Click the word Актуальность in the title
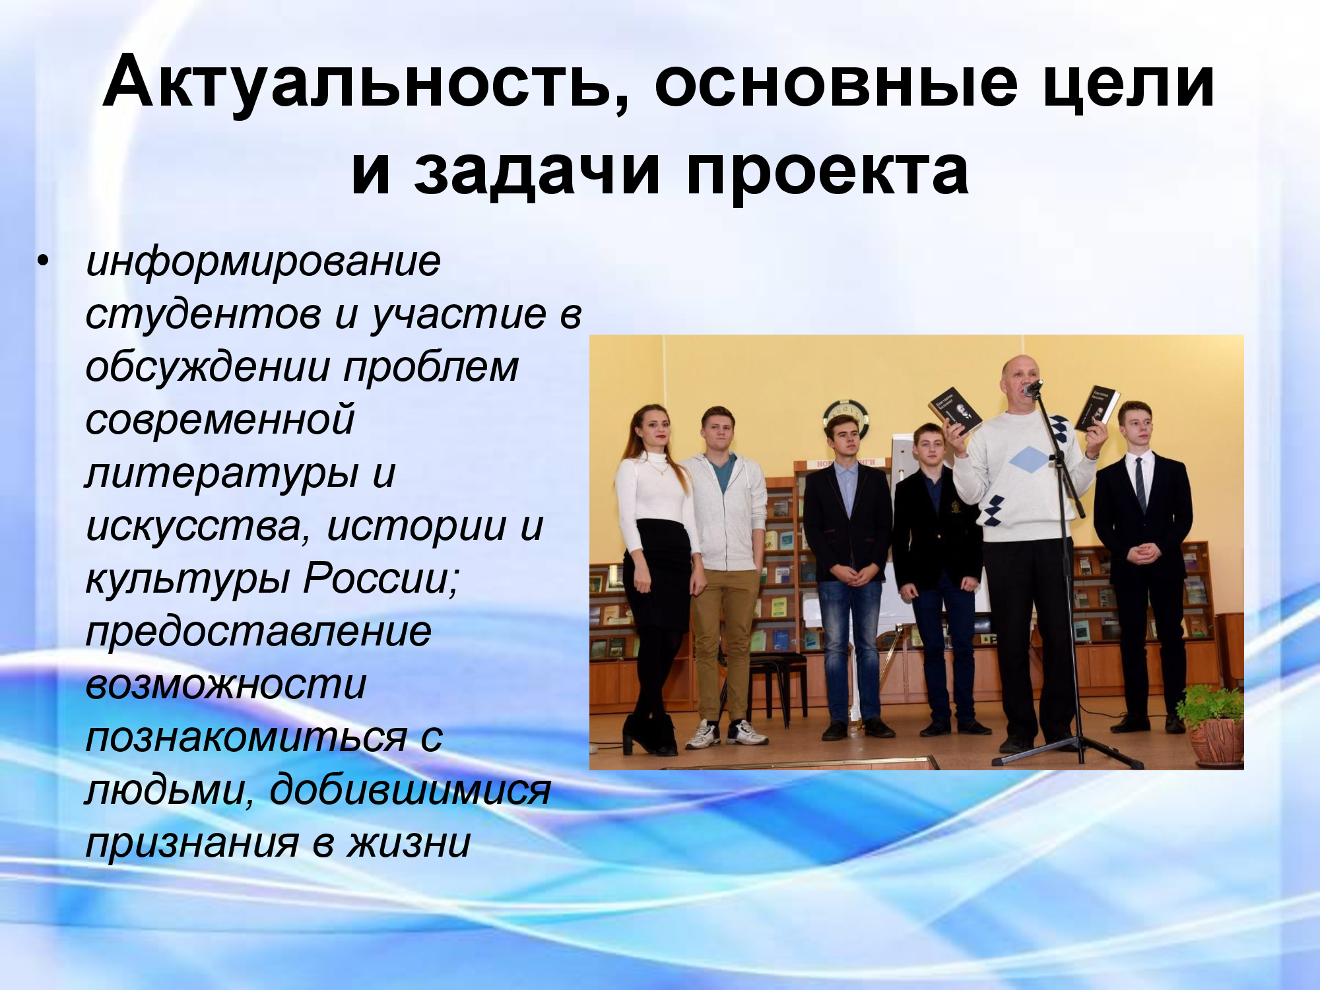coord(366,82)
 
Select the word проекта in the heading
coord(828,172)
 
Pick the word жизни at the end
coord(409,843)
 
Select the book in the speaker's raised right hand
coord(955,410)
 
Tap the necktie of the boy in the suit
coord(1140,484)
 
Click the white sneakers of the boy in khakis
coord(725,733)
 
